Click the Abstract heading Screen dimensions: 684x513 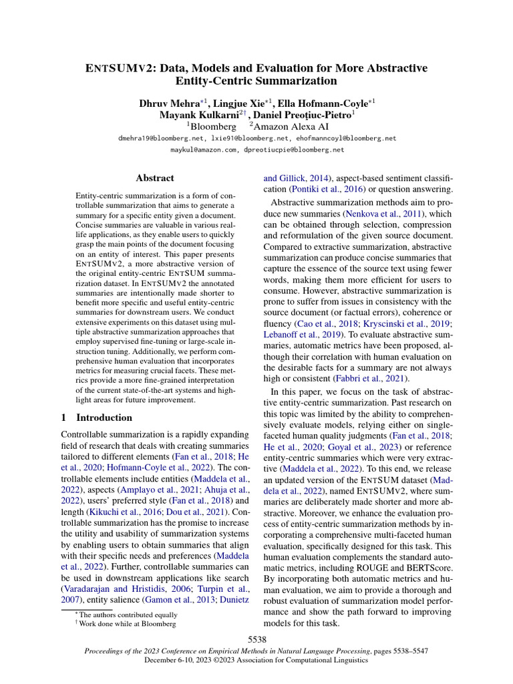tap(154, 178)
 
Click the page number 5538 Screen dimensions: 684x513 tap(256, 639)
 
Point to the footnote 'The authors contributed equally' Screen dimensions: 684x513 tap(128, 614)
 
